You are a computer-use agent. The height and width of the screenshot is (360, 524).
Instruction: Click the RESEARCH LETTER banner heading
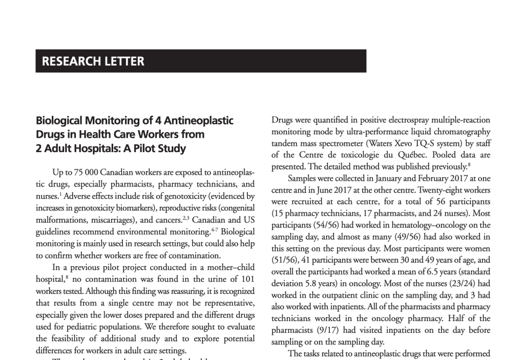pos(93,61)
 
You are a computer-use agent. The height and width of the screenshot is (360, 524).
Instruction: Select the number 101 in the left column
pos(245,279)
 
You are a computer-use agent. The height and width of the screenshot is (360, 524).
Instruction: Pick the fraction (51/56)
pos(285,260)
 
